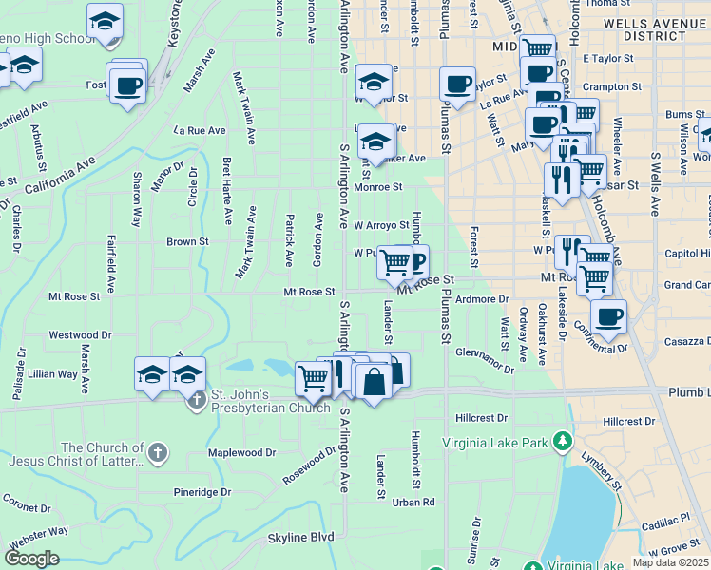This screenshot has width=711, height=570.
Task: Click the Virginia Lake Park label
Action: tap(500, 442)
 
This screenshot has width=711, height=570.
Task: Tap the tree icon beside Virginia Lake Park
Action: tap(563, 441)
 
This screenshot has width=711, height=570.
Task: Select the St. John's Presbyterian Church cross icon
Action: tap(197, 396)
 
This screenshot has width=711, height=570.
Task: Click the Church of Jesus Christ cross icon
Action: tap(158, 453)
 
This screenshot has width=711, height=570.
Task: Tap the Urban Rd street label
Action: tap(414, 502)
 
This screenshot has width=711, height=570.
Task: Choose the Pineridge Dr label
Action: tap(202, 492)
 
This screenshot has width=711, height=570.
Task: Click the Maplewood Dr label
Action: tap(241, 453)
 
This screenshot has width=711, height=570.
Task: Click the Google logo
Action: tap(32, 558)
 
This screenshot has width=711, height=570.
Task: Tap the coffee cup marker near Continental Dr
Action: tap(608, 315)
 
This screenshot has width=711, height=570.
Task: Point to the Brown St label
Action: tap(187, 242)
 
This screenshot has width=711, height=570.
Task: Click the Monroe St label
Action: tap(378, 187)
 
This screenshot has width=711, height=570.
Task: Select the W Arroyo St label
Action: tap(381, 225)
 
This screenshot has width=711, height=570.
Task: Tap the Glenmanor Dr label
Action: tap(484, 353)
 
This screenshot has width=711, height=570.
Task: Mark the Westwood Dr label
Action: tap(80, 334)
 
